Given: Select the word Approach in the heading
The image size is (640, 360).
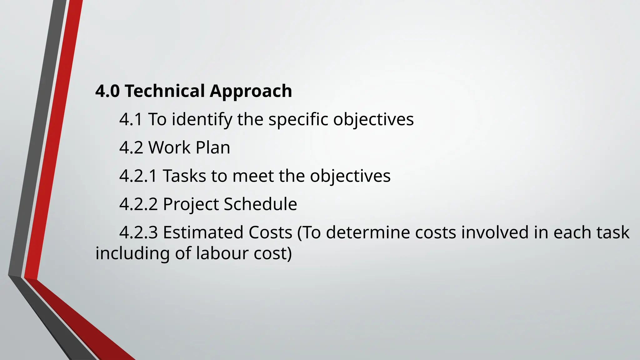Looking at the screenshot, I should click(251, 92).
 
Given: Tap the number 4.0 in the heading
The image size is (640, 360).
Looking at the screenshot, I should click(107, 91).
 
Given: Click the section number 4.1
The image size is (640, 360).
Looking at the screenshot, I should click(131, 119).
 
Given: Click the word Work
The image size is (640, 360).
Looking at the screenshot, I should click(169, 147).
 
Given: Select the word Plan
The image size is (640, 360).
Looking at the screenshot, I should click(213, 147).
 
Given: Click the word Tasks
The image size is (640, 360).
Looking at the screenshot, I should click(184, 176).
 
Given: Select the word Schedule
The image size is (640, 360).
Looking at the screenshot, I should click(260, 204).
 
